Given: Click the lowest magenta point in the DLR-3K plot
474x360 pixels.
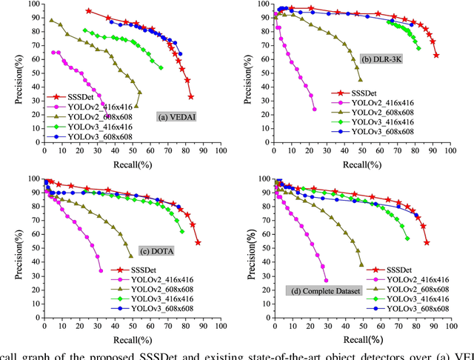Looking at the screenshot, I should pyautogui.click(x=315, y=109).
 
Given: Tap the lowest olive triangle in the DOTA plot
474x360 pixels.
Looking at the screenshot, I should pyautogui.click(x=131, y=256).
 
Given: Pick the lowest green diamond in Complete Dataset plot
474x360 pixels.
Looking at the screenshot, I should pyautogui.click(x=407, y=238).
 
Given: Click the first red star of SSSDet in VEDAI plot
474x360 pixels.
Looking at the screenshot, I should pyautogui.click(x=89, y=11).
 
